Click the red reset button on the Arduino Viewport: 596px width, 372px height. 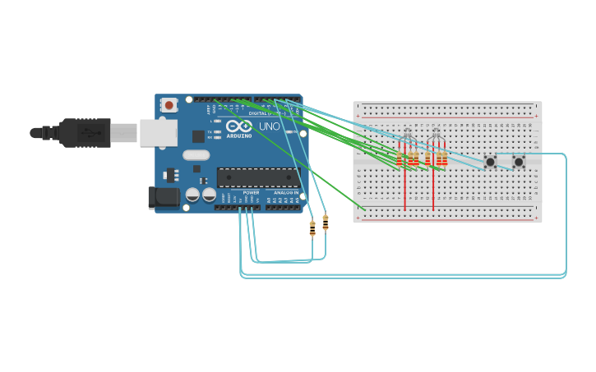(169, 104)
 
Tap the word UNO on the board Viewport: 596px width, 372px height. (270, 126)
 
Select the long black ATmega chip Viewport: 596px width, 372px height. (257, 177)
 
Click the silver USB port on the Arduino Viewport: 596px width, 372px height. (158, 132)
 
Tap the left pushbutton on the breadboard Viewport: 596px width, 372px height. (490, 162)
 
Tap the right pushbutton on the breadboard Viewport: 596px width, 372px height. (518, 162)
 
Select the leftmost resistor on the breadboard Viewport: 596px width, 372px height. (400, 158)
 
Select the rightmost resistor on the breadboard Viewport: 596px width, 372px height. (445, 158)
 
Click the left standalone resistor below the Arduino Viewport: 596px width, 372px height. (312, 228)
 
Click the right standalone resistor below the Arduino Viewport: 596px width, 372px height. (326, 223)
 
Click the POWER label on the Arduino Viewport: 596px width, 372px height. (251, 193)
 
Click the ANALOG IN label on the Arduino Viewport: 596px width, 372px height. (286, 193)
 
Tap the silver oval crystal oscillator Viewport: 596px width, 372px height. (196, 155)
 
